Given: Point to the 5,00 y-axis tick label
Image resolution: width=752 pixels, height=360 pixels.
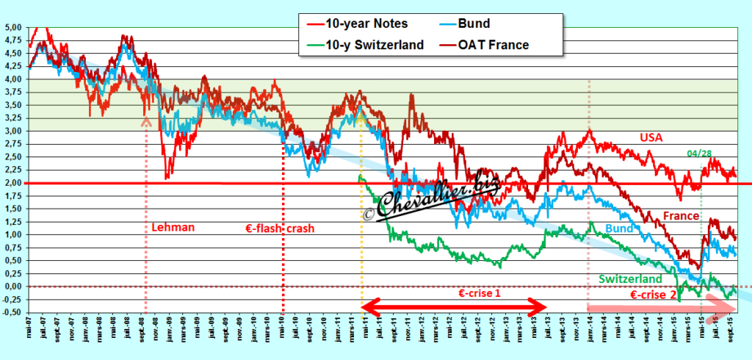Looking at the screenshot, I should click(14, 27).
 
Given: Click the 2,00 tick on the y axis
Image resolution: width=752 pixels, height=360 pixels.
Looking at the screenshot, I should click(14, 183).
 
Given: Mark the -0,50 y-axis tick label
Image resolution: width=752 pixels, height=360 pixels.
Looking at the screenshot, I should click(12, 312).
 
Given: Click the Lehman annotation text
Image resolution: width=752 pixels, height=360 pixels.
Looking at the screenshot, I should click(173, 228).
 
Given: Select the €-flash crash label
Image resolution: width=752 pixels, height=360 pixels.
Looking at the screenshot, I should click(279, 228).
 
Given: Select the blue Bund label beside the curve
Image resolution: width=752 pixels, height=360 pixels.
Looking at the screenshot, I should click(618, 229).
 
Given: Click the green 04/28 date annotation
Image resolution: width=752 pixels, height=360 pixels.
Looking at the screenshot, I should click(701, 154).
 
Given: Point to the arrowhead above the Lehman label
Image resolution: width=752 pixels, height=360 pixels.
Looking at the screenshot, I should click(146, 121).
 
